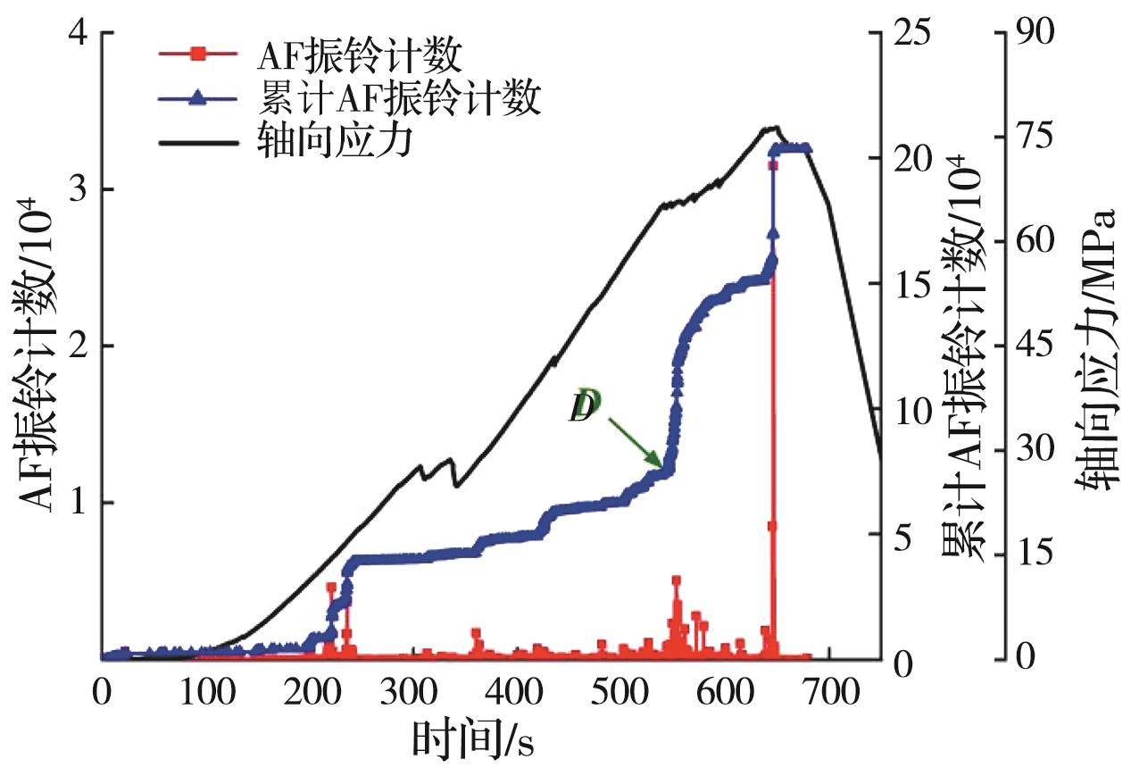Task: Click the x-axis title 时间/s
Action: (x=473, y=740)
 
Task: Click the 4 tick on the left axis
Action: (x=79, y=33)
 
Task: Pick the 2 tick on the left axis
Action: (x=79, y=346)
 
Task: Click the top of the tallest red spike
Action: (x=772, y=165)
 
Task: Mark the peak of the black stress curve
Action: (x=775, y=128)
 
